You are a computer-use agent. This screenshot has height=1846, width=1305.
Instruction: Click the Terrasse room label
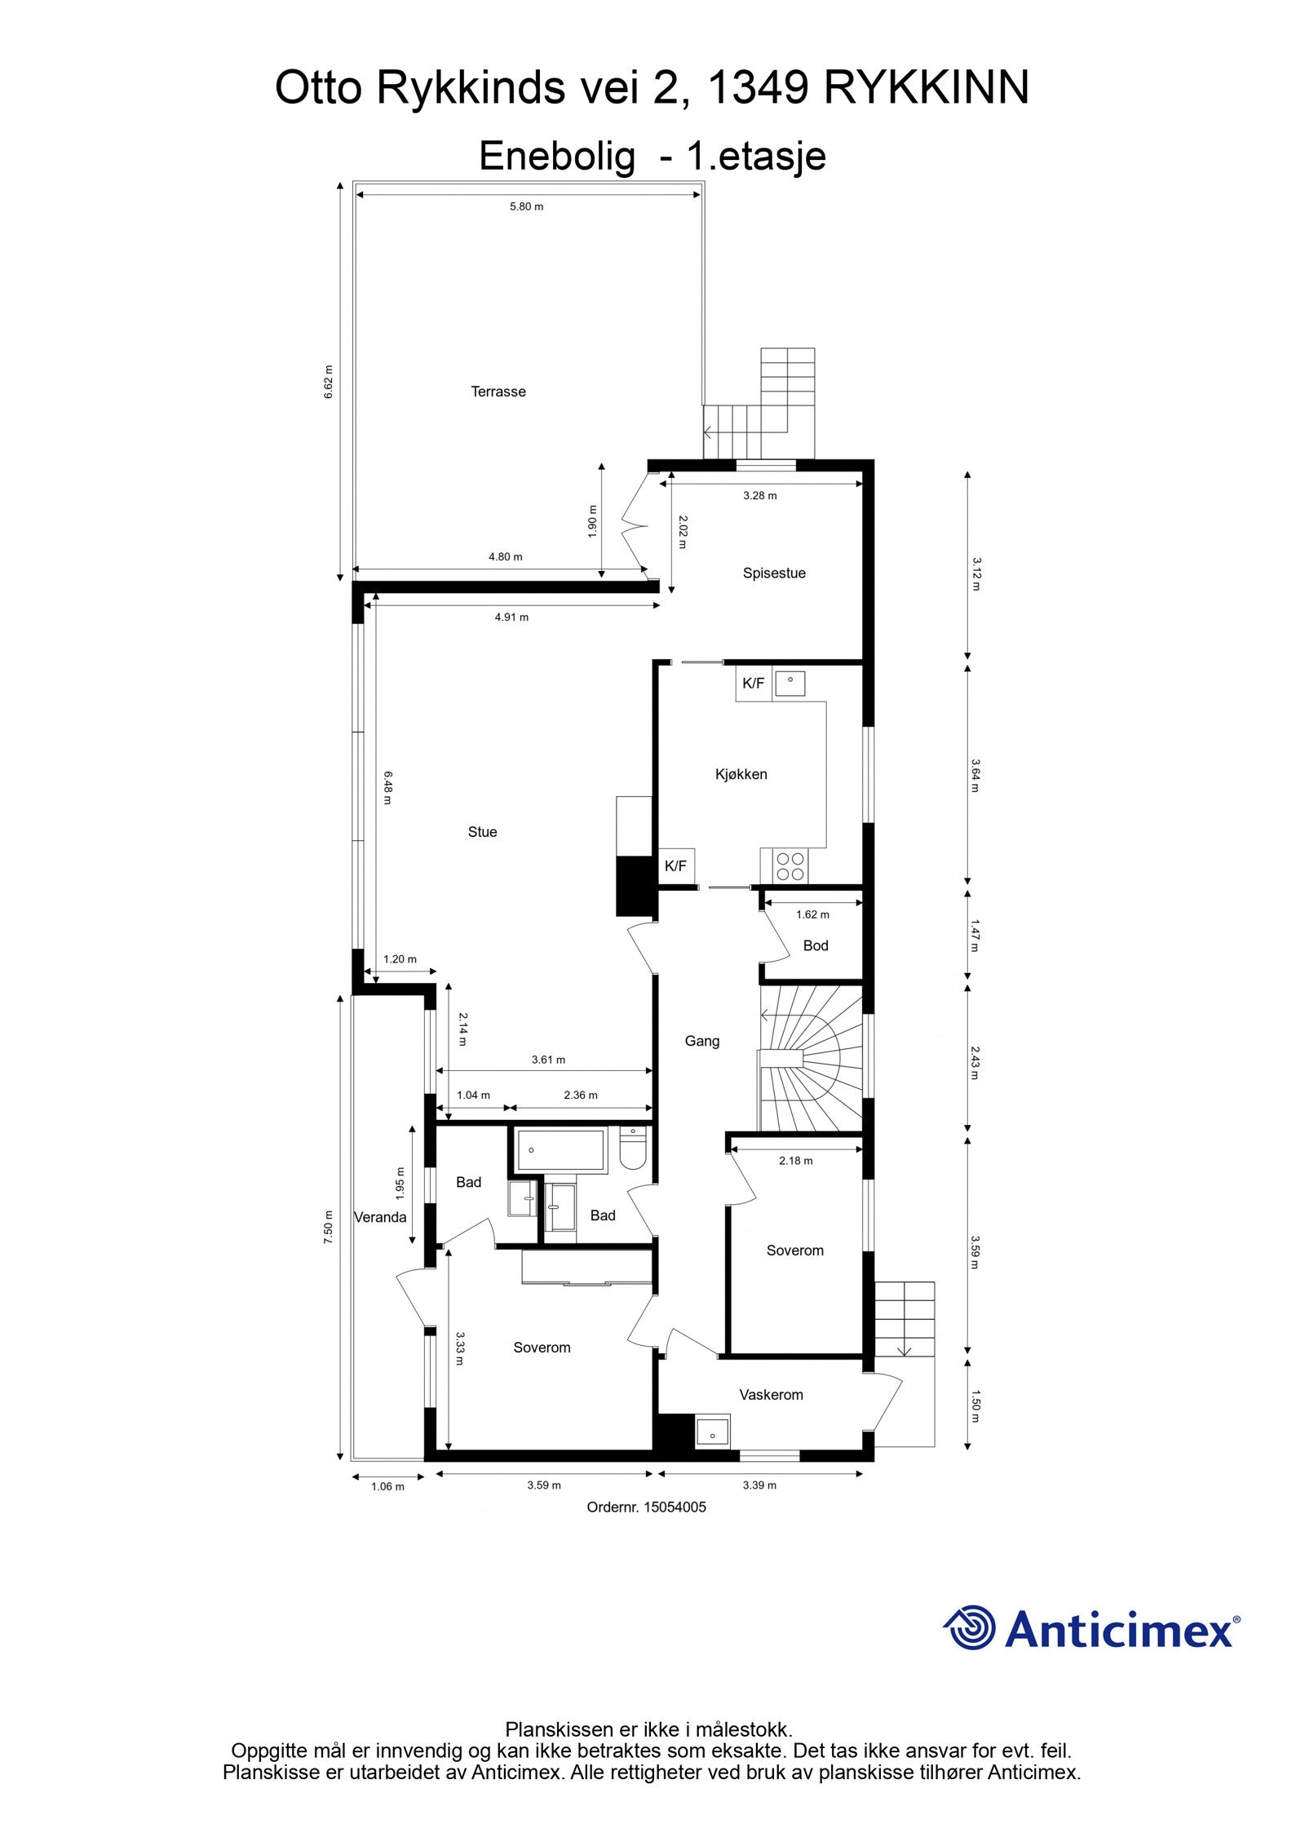498,392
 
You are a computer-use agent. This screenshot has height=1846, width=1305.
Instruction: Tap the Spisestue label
773,573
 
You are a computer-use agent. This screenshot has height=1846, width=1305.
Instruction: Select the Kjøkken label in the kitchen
741,774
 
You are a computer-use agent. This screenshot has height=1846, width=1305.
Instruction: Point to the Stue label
482,832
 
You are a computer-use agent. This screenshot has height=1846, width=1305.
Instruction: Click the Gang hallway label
701,1041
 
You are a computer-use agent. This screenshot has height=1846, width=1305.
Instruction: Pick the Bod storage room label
815,945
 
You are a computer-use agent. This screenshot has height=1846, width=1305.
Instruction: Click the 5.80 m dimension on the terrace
526,206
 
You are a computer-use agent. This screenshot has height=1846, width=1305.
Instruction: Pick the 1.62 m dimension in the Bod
812,914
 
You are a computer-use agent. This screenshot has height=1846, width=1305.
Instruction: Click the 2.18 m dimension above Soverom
795,1161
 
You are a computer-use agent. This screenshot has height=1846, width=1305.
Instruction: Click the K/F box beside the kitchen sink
753,684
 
